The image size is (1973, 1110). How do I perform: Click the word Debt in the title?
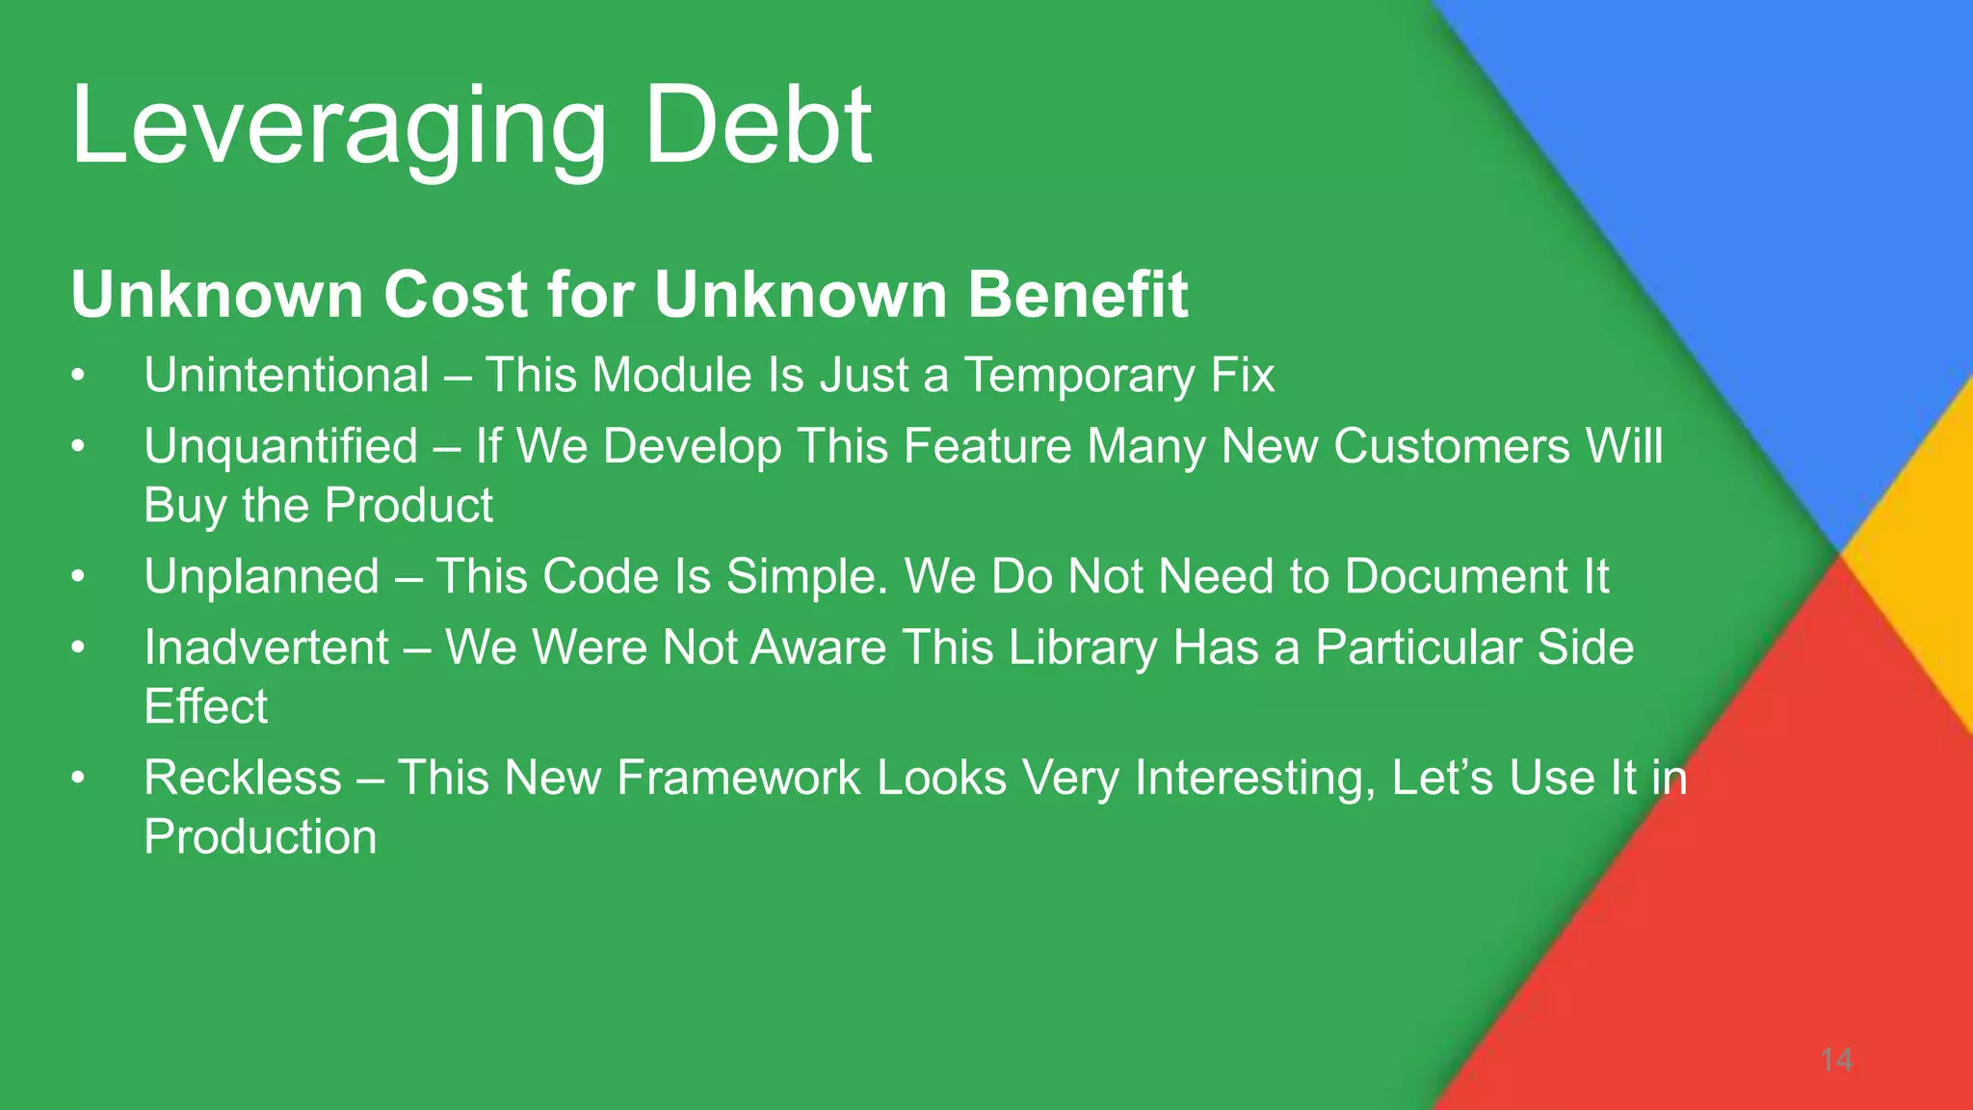point(758,125)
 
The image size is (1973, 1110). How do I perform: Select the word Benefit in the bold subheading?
point(1078,294)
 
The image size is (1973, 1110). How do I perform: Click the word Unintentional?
point(286,375)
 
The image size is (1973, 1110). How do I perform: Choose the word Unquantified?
point(280,447)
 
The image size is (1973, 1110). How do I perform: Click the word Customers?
point(1452,447)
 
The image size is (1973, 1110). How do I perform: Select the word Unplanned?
point(261,576)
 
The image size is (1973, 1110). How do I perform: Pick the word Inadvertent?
point(266,647)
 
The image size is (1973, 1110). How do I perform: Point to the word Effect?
point(205,706)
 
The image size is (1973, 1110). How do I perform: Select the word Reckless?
point(243,778)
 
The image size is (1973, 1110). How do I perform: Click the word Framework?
point(738,778)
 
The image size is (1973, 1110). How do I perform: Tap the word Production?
point(260,836)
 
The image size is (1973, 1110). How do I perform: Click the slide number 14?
point(1836,1060)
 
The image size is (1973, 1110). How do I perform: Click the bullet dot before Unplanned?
point(78,577)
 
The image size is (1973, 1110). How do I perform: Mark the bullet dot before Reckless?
point(78,779)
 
